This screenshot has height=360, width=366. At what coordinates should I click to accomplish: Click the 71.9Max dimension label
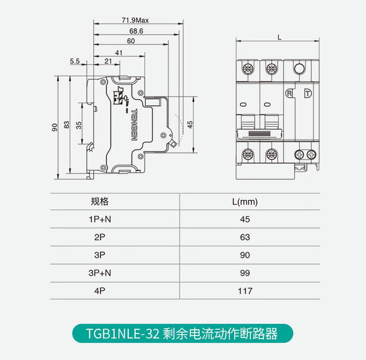pos(135,21)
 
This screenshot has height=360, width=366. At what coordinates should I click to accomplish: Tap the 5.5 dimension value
pos(75,61)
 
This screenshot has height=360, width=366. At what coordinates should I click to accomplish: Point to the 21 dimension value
pos(108,61)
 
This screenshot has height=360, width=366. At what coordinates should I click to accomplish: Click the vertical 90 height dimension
pos(55,127)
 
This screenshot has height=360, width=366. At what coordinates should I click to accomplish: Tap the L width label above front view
pos(279,37)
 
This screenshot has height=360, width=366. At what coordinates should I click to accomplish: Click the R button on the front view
pos(290,93)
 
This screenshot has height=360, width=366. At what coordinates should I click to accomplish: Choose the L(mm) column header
pos(245,202)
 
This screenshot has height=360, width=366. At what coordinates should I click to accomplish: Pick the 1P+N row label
pos(100,219)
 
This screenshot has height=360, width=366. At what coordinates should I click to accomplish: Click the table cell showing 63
pos(245,237)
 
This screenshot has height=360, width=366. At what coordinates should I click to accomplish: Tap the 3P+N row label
pos(100,273)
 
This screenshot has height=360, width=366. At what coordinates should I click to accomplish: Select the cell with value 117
pos(245,291)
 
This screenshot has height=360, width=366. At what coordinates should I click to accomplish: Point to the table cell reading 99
pos(245,273)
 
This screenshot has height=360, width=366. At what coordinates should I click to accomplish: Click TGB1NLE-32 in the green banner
pos(121,334)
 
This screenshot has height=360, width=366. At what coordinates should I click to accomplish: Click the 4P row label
pos(100,291)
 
